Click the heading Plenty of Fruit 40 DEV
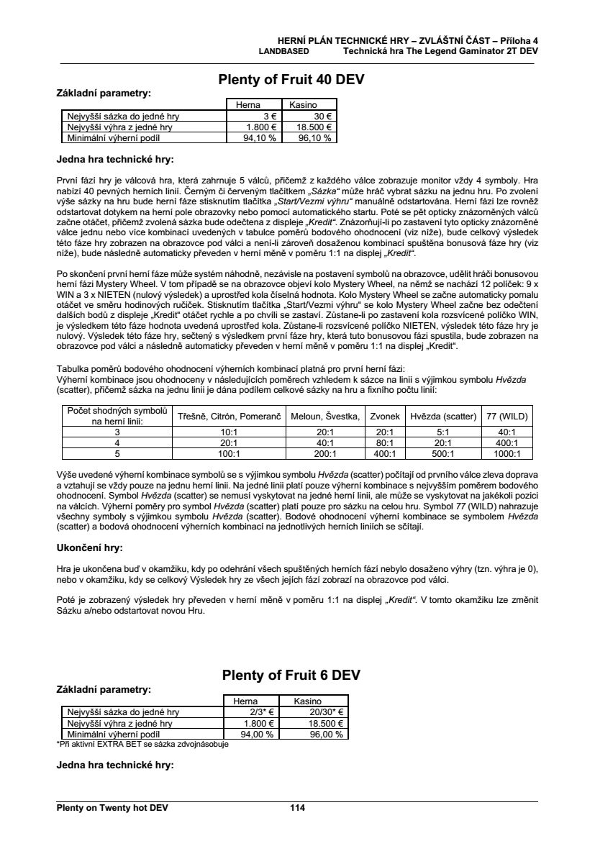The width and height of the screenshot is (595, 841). click(x=291, y=81)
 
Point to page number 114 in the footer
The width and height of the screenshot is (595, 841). click(x=298, y=808)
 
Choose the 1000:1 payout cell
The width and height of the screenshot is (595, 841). click(x=507, y=454)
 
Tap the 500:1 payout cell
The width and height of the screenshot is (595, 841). click(x=442, y=454)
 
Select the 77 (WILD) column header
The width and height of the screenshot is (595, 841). click(x=507, y=416)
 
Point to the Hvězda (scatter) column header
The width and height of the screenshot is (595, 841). click(x=442, y=416)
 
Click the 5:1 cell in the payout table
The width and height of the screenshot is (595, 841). click(x=442, y=432)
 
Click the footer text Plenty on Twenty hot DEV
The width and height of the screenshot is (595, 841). click(x=112, y=808)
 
